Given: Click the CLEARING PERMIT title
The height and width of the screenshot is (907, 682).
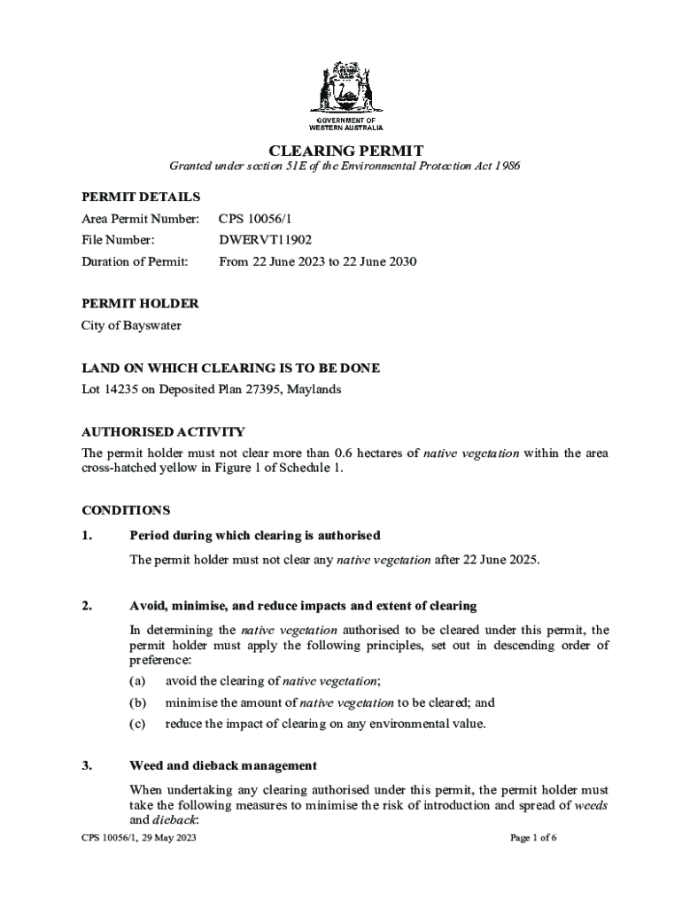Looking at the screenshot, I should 340,151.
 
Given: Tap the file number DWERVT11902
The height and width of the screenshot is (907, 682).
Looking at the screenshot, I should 265,240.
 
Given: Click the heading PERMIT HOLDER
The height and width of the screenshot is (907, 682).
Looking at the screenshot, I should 140,304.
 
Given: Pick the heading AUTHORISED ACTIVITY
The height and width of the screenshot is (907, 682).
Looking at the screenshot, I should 163,432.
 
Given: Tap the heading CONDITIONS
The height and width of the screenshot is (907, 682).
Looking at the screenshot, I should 125,511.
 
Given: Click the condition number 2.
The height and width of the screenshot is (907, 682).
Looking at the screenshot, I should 86,607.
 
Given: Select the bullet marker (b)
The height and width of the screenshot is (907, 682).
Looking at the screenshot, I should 137,702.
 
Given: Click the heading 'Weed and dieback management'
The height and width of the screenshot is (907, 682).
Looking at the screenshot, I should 223,766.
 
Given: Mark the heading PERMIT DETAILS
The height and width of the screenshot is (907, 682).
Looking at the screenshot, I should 141,197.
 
